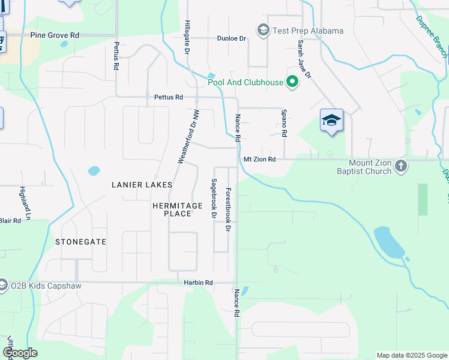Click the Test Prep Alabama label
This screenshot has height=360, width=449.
click(x=308, y=31)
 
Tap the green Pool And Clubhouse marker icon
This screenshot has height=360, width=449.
click(x=292, y=82)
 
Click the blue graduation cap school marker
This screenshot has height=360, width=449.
click(x=331, y=120)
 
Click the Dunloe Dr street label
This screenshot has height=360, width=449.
click(x=232, y=38)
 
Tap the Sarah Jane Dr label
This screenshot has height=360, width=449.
click(x=304, y=59)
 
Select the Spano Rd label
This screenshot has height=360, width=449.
click(x=285, y=122)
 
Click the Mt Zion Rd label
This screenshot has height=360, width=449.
click(x=259, y=160)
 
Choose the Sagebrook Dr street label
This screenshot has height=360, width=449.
click(x=213, y=197)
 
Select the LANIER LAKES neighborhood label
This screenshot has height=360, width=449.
click(x=142, y=185)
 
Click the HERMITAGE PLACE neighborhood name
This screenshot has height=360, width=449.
click(x=177, y=209)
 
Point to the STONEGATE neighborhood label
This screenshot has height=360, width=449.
click(x=80, y=242)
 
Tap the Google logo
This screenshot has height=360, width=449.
click(x=20, y=353)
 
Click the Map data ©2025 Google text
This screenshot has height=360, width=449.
click(x=411, y=355)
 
